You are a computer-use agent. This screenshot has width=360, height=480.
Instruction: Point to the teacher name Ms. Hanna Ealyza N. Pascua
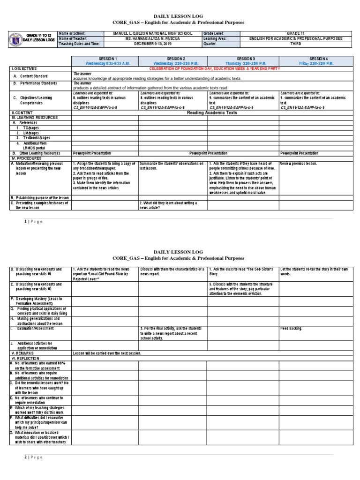tap(152, 38)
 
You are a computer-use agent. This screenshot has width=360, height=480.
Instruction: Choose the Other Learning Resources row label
tap(39, 153)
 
